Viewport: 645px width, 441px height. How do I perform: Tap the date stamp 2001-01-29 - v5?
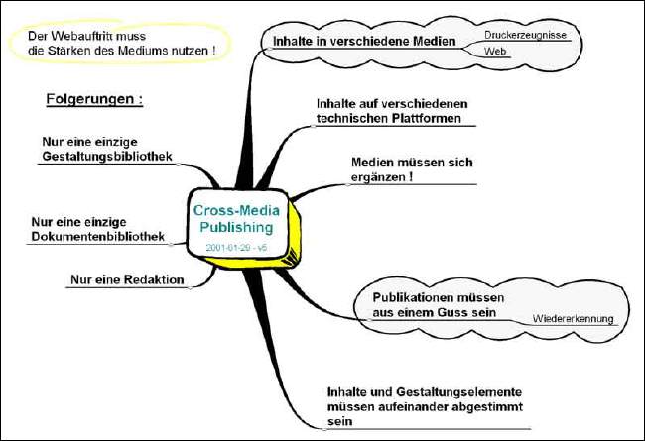[x=235, y=245]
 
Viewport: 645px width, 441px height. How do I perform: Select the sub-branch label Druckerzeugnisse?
[x=525, y=35]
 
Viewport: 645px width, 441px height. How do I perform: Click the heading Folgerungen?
[x=94, y=99]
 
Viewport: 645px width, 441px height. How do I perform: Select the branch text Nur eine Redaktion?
[x=128, y=279]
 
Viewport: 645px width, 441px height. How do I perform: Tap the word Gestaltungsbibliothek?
[x=108, y=157]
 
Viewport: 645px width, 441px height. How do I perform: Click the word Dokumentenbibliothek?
[x=96, y=237]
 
